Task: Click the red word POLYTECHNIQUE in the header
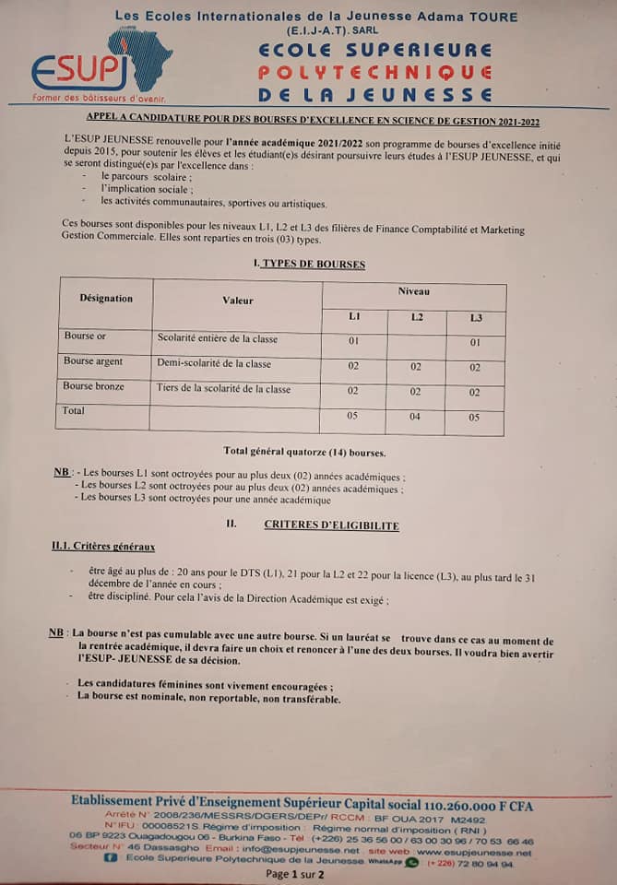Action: [x=374, y=72]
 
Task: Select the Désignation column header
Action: [x=106, y=299]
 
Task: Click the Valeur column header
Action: [x=238, y=301]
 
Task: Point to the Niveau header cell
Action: [x=414, y=291]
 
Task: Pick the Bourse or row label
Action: [x=86, y=336]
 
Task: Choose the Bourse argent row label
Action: [x=92, y=361]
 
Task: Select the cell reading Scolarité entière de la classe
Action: [x=218, y=339]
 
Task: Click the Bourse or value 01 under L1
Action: [x=353, y=341]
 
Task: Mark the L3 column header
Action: [x=476, y=318]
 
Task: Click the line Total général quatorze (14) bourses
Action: [x=304, y=452]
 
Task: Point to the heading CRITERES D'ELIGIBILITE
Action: [x=331, y=525]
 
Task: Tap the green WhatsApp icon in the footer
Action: [x=411, y=863]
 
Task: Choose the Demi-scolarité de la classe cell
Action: [x=214, y=363]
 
